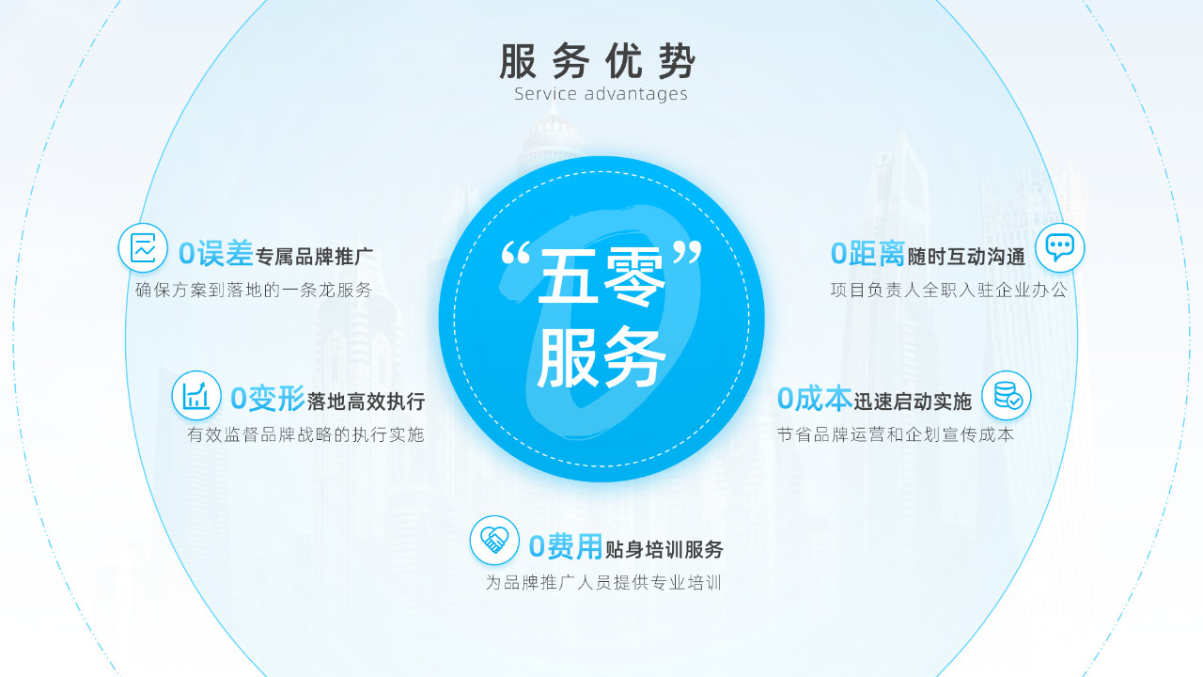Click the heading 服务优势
(598, 61)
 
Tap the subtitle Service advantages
(601, 94)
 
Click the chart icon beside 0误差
(143, 247)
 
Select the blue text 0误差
(216, 254)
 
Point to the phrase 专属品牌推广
(315, 257)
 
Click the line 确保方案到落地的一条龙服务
(254, 291)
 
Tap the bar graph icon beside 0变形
(196, 396)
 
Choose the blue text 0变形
(268, 399)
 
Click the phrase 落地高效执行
(367, 401)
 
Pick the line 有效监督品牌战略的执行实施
(306, 434)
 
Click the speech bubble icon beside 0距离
(1059, 247)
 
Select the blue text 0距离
(867, 254)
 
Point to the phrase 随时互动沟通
(966, 257)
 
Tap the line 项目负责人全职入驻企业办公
(949, 291)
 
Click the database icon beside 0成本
(1007, 396)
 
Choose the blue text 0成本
(815, 399)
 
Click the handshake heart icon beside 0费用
(494, 540)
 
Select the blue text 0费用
(566, 546)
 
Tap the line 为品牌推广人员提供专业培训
(603, 582)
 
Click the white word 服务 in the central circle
(601, 357)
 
